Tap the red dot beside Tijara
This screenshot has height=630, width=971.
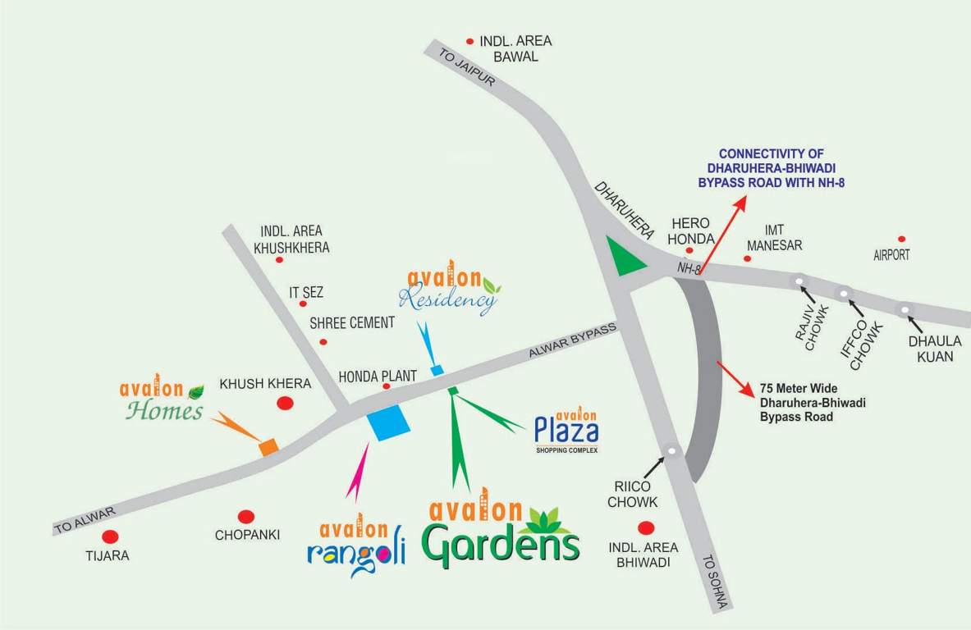pyautogui.click(x=110, y=537)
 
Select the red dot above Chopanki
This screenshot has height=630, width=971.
pyautogui.click(x=245, y=517)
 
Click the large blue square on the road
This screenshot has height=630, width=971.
pyautogui.click(x=388, y=423)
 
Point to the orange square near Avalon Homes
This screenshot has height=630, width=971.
pyautogui.click(x=268, y=446)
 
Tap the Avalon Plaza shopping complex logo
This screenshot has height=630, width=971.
pyautogui.click(x=566, y=430)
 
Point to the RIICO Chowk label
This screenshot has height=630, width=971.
pyautogui.click(x=632, y=493)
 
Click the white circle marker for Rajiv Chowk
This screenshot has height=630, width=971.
pyautogui.click(x=799, y=281)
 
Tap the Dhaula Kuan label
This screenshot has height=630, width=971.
pyautogui.click(x=930, y=349)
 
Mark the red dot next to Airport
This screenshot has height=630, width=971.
pyautogui.click(x=901, y=239)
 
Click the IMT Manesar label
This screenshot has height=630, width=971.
pyautogui.click(x=772, y=238)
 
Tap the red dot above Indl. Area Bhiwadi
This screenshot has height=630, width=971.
pyautogui.click(x=647, y=528)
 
